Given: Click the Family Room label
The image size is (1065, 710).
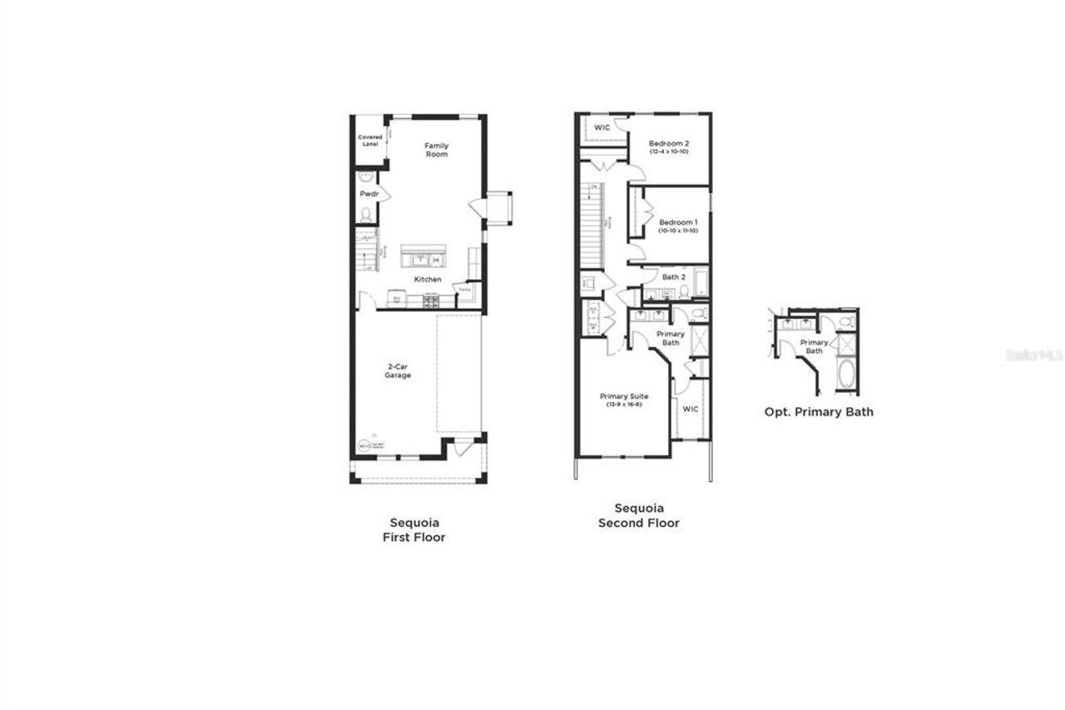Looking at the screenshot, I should (436, 150).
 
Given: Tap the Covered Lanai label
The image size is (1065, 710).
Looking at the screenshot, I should (369, 140).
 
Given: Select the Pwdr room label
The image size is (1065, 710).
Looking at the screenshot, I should (369, 194).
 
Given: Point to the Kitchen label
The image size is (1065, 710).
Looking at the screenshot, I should (428, 280).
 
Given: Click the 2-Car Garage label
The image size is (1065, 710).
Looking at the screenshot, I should (398, 371).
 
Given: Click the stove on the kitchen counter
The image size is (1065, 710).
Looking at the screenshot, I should (432, 301).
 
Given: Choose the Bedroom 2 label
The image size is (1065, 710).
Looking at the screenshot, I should (669, 143).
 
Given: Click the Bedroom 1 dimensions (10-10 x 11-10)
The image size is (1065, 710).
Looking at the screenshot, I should (677, 231).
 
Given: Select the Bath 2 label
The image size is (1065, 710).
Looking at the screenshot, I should (673, 277).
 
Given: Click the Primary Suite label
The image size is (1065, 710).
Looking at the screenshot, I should (623, 397).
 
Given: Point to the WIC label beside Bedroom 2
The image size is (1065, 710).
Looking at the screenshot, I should (602, 127).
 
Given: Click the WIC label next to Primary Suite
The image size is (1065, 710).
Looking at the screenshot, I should (690, 409).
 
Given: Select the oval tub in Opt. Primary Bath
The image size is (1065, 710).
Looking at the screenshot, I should (845, 375).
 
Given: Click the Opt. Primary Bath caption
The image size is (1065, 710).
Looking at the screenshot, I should (819, 412).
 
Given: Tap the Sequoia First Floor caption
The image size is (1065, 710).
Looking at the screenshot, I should (414, 530).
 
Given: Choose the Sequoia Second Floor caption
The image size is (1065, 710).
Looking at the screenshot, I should (639, 516).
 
